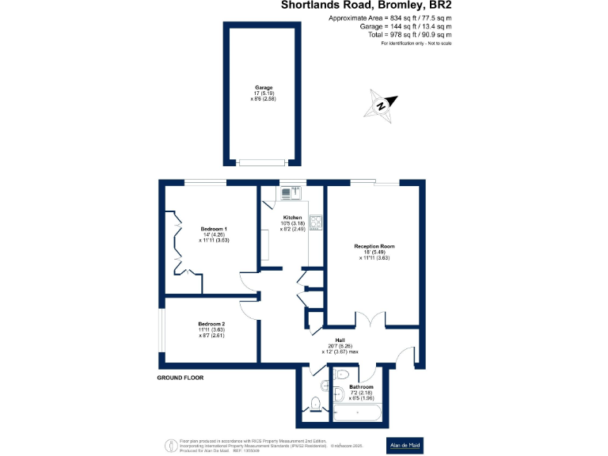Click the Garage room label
pos(264,87)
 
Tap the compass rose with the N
pos(382,104)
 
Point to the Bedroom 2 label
pos(211,324)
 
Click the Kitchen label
pos(293,218)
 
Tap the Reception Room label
pos(374,246)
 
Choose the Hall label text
pos(340,340)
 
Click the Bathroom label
pos(361,387)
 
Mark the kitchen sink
pos(287,193)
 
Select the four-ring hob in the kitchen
pos(316,222)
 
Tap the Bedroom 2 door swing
pos(250,307)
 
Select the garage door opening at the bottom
pos(264,163)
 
